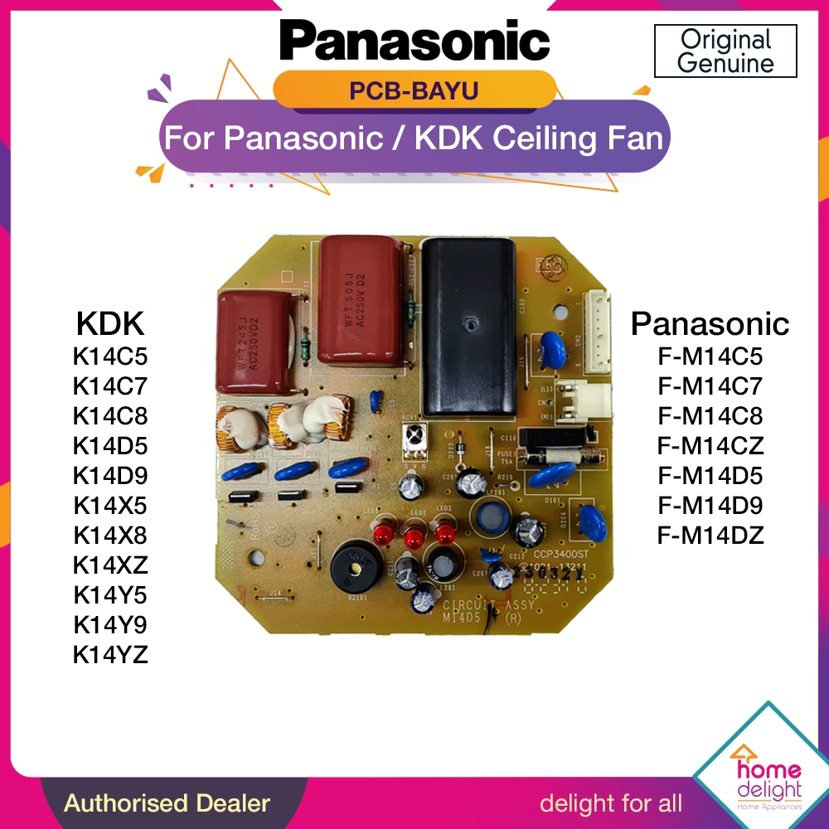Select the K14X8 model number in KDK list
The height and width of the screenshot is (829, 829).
[110, 535]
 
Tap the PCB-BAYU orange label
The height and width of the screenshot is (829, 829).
[414, 90]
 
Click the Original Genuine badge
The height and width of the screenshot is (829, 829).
[725, 51]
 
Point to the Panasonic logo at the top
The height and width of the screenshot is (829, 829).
[414, 40]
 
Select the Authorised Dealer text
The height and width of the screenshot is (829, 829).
[167, 802]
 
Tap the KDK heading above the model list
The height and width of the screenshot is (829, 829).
[111, 322]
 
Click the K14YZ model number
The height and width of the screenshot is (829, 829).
[110, 654]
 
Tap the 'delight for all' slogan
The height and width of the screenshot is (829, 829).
[611, 802]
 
